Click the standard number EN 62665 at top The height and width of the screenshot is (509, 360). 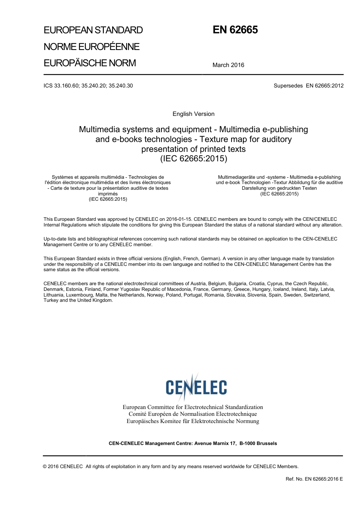tap(235, 30)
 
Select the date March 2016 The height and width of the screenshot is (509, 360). tap(228, 65)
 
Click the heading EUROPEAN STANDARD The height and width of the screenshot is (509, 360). tap(93, 30)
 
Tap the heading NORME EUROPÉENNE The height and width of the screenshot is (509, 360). tap(91, 47)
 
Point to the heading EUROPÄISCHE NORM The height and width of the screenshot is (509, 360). tap(89, 63)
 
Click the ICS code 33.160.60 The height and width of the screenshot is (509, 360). tap(66, 86)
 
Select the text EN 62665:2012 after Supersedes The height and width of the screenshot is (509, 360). tap(324, 86)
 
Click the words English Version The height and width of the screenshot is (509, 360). tap(193, 114)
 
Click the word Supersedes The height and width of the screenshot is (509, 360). tap(288, 86)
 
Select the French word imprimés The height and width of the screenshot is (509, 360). tap(108, 194)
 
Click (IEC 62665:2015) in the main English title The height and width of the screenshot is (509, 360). tap(193, 159)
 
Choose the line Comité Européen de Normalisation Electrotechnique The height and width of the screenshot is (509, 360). tap(193, 414)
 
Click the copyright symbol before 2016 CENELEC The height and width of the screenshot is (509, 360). tap(45, 467)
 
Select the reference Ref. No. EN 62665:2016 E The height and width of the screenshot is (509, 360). tap(314, 479)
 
